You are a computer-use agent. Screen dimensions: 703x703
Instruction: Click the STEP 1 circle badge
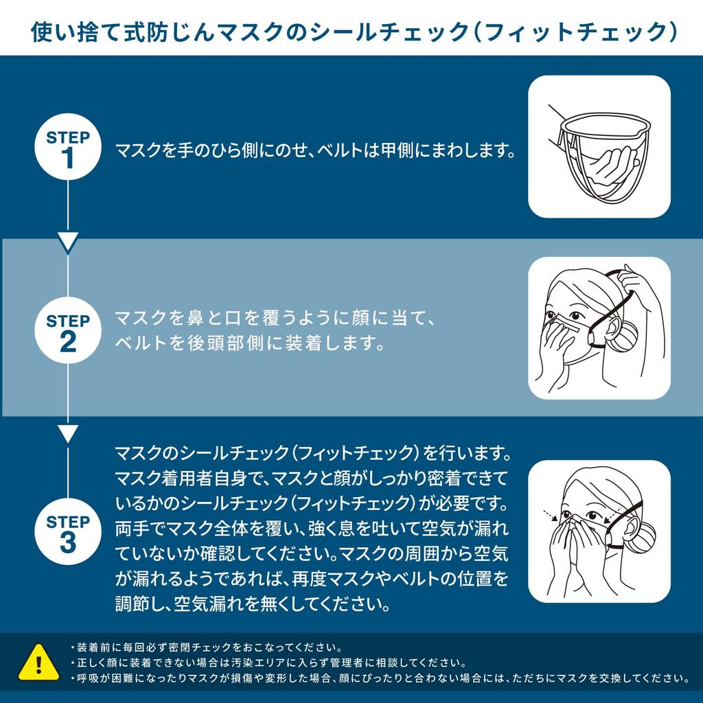point(67,147)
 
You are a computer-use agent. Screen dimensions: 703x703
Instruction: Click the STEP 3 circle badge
point(67,531)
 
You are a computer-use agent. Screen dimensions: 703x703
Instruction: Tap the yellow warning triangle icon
point(38,662)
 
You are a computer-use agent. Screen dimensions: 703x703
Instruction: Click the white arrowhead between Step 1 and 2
point(67,242)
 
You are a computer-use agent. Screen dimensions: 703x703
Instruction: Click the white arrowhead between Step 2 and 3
point(67,433)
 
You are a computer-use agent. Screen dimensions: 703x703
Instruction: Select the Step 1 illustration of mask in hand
point(599,147)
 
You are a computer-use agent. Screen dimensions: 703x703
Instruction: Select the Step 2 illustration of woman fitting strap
point(599,328)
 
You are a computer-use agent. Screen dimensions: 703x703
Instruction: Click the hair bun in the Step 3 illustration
point(643,538)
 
